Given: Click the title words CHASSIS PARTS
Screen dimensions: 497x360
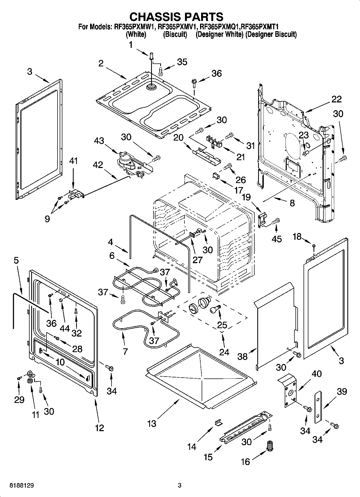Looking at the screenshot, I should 176,17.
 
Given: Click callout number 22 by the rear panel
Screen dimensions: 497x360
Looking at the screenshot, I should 336,99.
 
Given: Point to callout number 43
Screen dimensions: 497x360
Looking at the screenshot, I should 99,141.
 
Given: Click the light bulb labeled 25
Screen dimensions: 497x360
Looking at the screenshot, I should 215,309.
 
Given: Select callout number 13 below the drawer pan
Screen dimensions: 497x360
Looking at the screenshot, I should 152,424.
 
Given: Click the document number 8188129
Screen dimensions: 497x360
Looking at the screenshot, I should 22,486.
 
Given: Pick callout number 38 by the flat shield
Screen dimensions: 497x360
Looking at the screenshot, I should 243,356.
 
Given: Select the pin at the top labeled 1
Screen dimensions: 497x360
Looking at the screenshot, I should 151,56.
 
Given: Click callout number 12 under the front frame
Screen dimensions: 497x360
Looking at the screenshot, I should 99,427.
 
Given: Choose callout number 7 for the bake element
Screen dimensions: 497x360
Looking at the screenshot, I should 125,351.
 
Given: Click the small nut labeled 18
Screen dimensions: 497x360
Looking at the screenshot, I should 313,245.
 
